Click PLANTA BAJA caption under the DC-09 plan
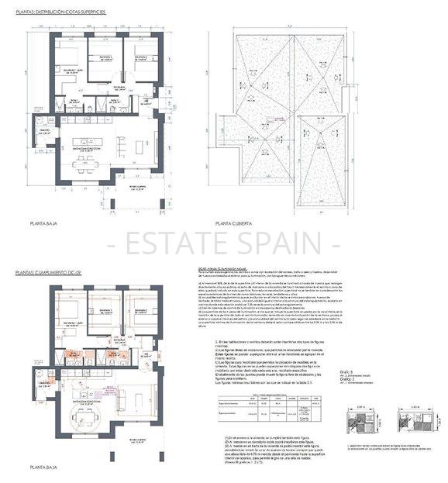43,468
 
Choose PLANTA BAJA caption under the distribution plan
43,223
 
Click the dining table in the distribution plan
82,163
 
